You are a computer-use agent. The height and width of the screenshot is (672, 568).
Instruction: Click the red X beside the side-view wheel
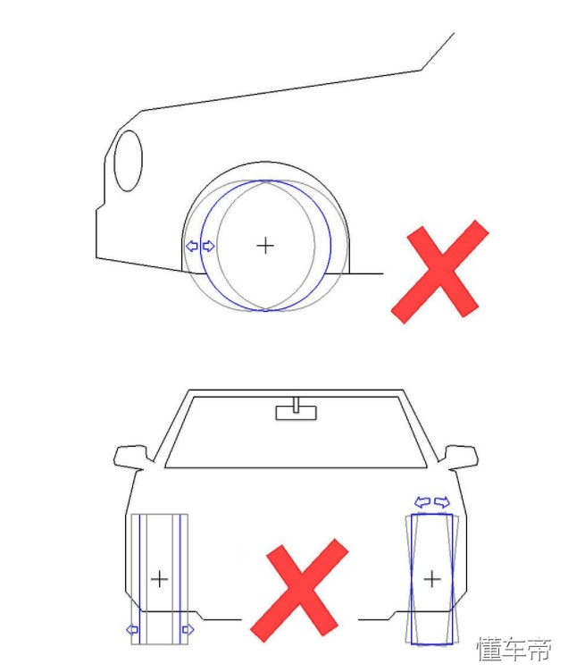[x=440, y=272]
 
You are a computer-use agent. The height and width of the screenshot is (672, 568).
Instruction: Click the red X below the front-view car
[x=299, y=591]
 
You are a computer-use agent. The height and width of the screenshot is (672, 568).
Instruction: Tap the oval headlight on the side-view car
[x=128, y=161]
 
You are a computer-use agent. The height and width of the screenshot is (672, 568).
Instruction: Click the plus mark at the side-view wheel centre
[x=265, y=246]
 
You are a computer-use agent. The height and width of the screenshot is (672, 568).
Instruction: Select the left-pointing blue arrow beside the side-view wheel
[x=192, y=246]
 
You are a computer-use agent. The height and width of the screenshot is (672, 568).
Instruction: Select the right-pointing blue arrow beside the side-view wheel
[x=208, y=246]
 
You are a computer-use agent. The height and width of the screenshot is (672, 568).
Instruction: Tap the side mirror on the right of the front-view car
[x=461, y=457]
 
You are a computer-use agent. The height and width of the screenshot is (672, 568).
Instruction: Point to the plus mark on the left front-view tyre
[x=159, y=578]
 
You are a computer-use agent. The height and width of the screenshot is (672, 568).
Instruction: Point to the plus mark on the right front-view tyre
[x=432, y=579]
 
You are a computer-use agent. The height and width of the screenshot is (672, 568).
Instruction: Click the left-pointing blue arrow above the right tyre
[x=422, y=502]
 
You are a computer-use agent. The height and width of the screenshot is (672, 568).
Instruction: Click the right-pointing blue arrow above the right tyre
[x=442, y=502]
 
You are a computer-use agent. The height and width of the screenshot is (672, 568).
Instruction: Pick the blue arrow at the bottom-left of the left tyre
[x=132, y=630]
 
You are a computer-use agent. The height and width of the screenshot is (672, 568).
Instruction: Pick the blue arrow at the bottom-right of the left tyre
[x=188, y=630]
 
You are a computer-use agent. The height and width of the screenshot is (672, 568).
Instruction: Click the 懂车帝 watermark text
[x=514, y=649]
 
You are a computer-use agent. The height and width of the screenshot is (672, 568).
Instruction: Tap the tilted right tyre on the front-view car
[x=431, y=578]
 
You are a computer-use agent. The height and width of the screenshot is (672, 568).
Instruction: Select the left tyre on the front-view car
[x=159, y=578]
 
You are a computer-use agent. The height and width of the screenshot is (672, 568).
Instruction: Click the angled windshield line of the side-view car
[x=438, y=51]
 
